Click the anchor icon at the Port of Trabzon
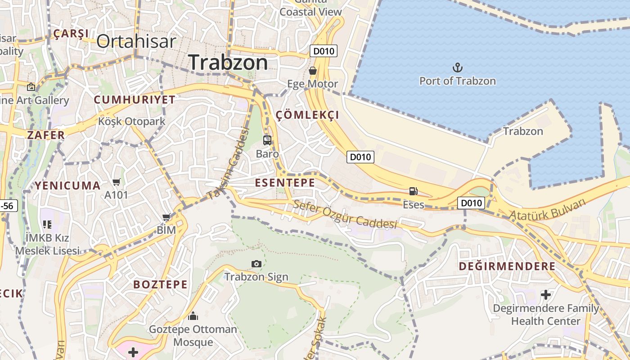click(457, 68)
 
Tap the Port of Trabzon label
click(457, 81)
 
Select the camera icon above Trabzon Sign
click(256, 264)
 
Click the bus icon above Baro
click(267, 140)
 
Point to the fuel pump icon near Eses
click(413, 191)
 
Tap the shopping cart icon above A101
click(117, 182)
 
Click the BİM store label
click(166, 230)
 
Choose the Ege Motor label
click(312, 84)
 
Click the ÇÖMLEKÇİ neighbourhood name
click(307, 115)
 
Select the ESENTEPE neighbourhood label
click(285, 182)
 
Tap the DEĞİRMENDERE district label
click(507, 266)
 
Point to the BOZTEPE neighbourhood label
click(160, 284)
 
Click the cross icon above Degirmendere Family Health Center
click(546, 295)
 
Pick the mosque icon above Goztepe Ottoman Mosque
click(193, 316)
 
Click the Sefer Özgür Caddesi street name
click(345, 215)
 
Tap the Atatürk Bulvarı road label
click(548, 209)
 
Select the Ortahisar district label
click(136, 41)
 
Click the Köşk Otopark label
click(132, 121)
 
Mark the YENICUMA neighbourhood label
click(68, 185)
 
